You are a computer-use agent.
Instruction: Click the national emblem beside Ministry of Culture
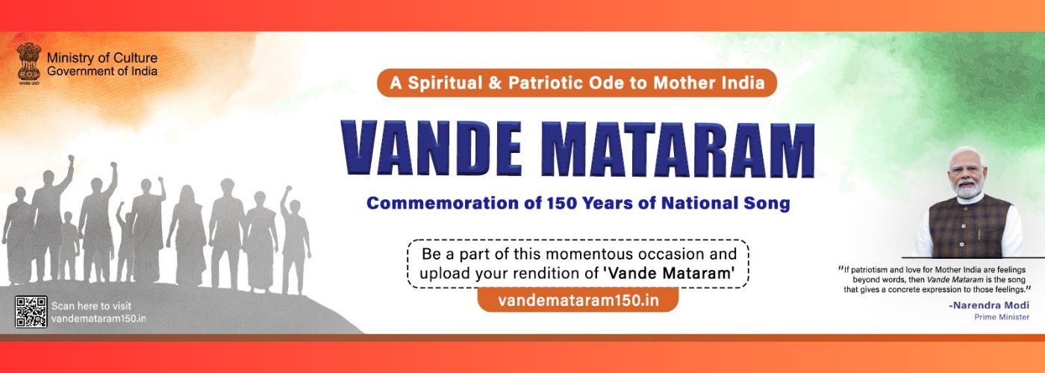[29, 61]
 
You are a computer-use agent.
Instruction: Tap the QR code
[31, 312]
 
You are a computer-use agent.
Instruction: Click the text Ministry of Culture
[102, 58]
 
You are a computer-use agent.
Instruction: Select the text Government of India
[102, 72]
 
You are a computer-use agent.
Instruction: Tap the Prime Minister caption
[1002, 317]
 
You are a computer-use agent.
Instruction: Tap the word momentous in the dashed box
[567, 253]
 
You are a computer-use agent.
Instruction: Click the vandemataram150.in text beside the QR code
[99, 319]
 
